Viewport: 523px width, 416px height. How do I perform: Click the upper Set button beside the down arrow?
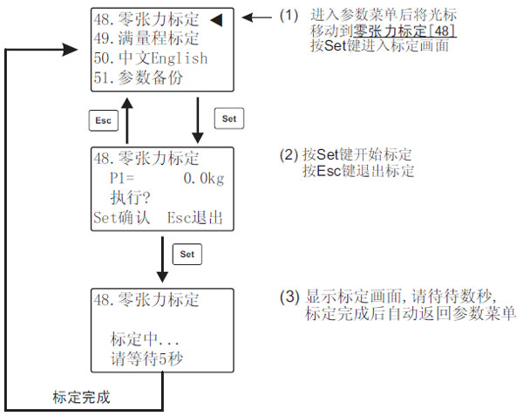point(228,119)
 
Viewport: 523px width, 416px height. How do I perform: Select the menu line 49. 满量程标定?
point(146,38)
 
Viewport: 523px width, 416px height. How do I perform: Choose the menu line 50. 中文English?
point(150,58)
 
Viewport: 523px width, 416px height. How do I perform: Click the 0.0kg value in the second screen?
point(204,179)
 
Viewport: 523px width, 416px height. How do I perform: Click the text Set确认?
point(121,217)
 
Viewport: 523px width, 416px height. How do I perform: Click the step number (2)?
point(289,154)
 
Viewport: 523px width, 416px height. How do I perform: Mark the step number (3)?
point(289,297)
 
